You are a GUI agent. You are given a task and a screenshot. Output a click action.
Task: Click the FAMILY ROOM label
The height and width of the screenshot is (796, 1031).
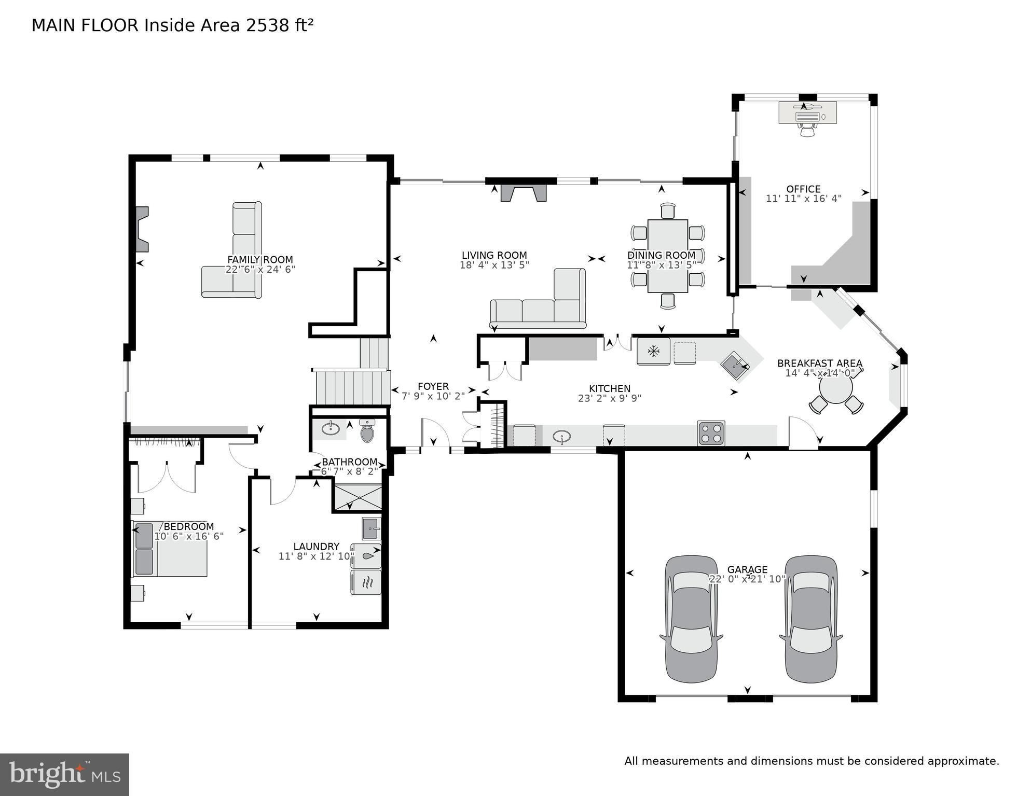click(260, 260)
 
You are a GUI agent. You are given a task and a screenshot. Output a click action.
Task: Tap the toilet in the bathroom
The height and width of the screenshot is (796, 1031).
click(367, 431)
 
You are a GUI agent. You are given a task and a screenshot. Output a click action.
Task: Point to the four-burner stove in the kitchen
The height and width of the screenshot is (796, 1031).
click(711, 433)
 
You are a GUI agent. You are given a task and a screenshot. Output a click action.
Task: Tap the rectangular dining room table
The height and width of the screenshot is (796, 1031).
click(668, 256)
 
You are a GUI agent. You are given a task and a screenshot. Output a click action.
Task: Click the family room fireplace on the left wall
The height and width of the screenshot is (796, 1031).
click(142, 229)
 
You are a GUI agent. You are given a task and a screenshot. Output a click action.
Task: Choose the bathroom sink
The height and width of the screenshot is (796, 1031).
click(329, 429)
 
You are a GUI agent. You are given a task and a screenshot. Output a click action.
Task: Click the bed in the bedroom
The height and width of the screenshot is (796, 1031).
click(170, 549)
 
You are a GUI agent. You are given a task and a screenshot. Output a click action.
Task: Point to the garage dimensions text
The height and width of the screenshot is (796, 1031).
click(747, 579)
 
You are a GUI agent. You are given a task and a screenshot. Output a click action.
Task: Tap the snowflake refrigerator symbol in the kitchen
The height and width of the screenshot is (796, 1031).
click(653, 352)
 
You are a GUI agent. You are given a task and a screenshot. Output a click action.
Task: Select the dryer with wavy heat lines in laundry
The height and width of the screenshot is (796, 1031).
click(366, 582)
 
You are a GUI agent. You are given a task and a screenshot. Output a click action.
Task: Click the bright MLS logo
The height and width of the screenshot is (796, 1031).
click(64, 775)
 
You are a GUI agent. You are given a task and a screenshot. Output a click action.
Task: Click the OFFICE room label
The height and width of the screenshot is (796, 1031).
click(803, 189)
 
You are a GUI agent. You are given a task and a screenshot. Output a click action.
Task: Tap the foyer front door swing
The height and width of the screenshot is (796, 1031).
click(435, 433)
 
